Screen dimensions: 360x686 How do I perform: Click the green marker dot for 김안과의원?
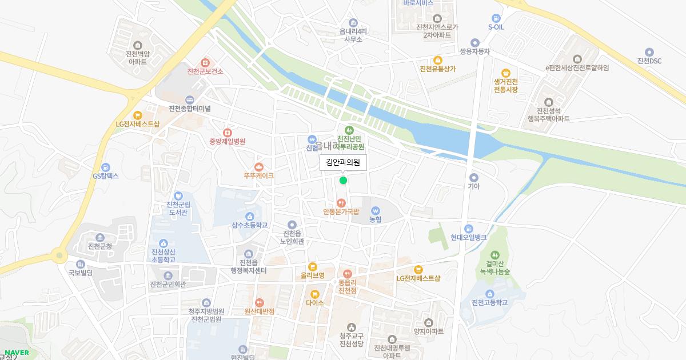[343, 181]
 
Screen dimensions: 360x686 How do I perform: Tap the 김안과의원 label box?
[343, 162]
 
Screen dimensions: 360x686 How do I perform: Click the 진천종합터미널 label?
[190, 109]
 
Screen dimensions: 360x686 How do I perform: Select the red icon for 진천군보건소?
[205, 62]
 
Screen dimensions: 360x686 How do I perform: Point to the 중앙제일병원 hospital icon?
[228, 133]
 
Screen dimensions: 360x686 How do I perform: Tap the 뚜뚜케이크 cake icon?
[258, 166]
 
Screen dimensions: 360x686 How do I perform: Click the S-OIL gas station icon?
[496, 18]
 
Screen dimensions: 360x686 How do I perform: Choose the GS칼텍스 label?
[105, 176]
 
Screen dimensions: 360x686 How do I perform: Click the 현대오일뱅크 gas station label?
[468, 237]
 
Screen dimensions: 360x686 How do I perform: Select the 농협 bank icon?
[375, 210]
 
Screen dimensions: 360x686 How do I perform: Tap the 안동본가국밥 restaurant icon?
[341, 202]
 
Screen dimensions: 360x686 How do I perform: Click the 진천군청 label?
[100, 246]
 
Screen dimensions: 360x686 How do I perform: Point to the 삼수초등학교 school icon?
[249, 216]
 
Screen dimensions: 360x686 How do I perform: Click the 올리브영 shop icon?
[312, 266]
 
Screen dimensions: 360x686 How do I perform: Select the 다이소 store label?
[314, 303]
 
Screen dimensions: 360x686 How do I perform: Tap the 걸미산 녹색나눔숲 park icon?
[495, 254]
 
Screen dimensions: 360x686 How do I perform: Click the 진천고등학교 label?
[489, 302]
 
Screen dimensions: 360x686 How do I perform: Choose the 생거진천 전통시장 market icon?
[505, 73]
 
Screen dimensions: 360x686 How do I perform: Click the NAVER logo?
[17, 353]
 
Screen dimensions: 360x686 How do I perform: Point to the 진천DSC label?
[649, 61]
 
